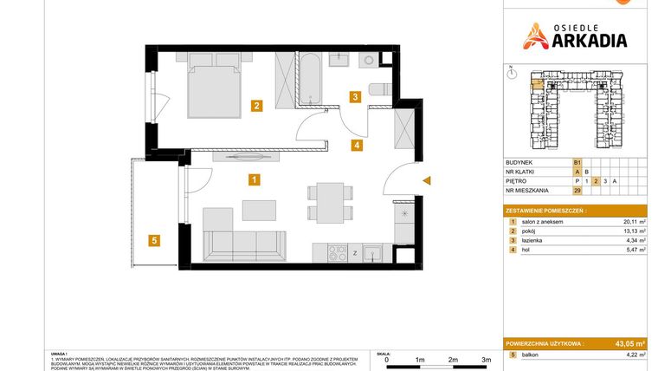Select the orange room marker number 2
coord(257,107)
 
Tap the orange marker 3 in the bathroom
coord(354,97)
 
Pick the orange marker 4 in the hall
coord(356,145)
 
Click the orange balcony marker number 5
coord(153,241)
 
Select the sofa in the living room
coord(243,242)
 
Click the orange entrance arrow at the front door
coord(426,180)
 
